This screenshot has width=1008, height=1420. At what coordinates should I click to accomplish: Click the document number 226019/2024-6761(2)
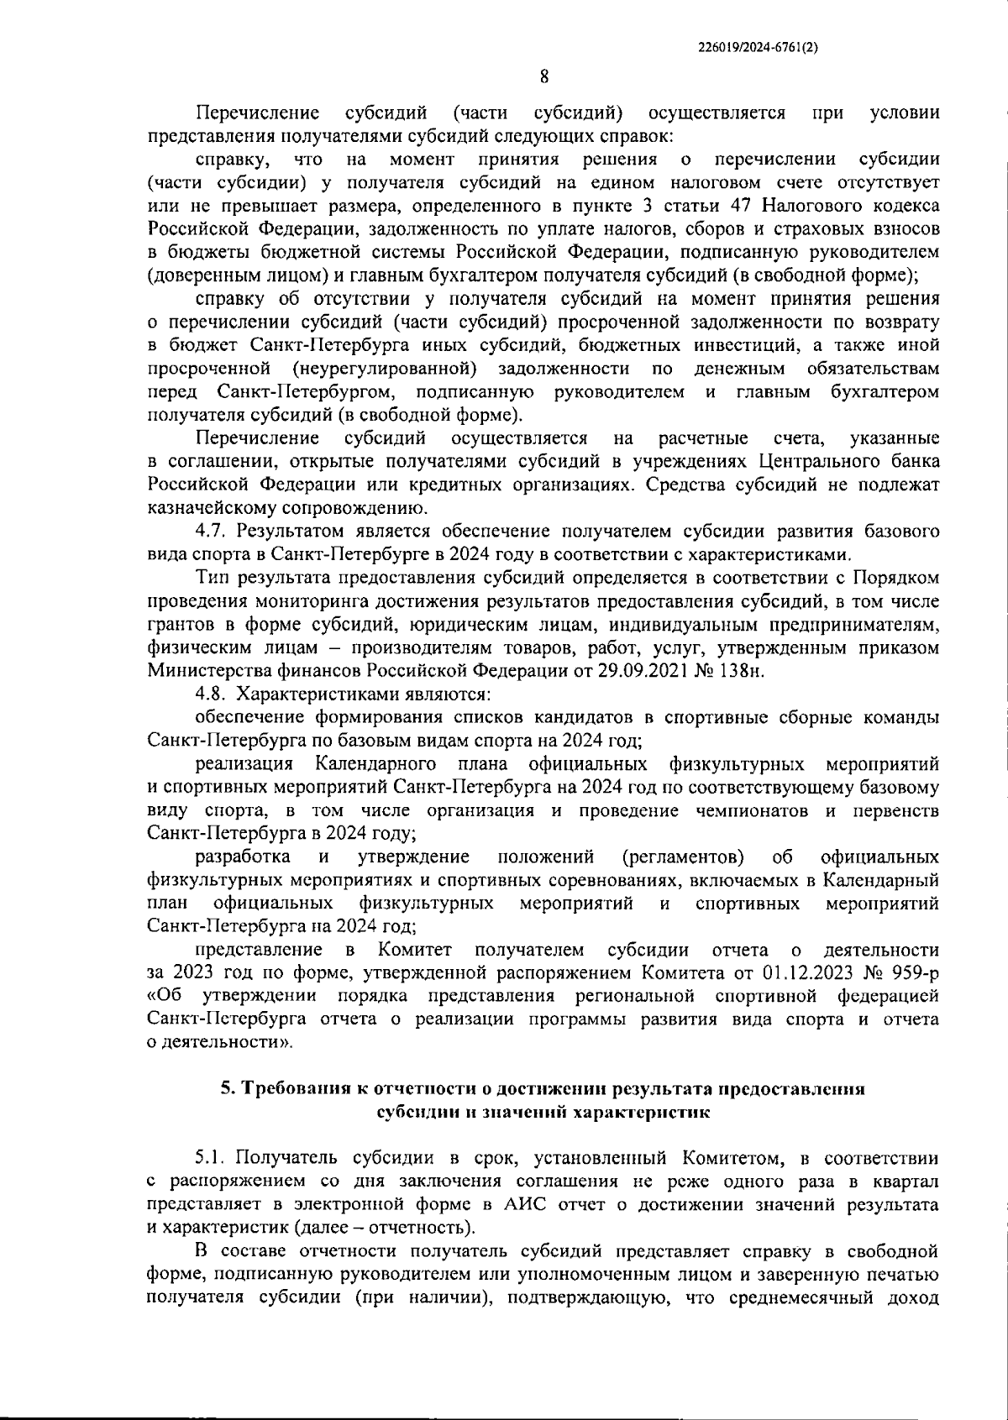(x=758, y=48)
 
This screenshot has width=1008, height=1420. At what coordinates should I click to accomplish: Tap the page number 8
(x=543, y=77)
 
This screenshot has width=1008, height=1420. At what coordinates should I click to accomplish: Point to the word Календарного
(x=375, y=764)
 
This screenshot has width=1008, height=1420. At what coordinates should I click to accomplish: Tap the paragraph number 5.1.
(x=210, y=1159)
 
